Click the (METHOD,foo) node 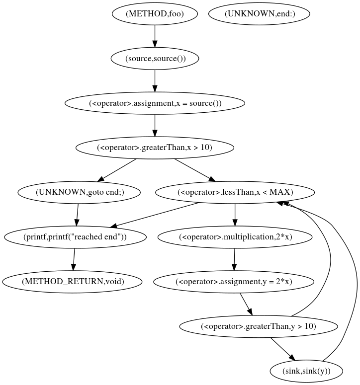click(155, 14)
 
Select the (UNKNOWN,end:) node click(260, 14)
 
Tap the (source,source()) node click(155, 59)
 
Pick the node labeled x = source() click(155, 103)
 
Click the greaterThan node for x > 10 click(155, 148)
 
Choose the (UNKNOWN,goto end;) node click(79, 192)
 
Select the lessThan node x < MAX click(235, 192)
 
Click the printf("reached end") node click(75, 237)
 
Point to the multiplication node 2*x click(235, 237)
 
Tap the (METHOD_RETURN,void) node click(73, 282)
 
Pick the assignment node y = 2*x click(234, 282)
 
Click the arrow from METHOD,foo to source click(155, 36)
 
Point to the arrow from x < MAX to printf click(154, 215)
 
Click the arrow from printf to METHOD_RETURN click(74, 259)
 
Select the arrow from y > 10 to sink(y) click(282, 349)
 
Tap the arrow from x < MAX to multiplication click(235, 215)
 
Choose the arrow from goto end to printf click(77, 215)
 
